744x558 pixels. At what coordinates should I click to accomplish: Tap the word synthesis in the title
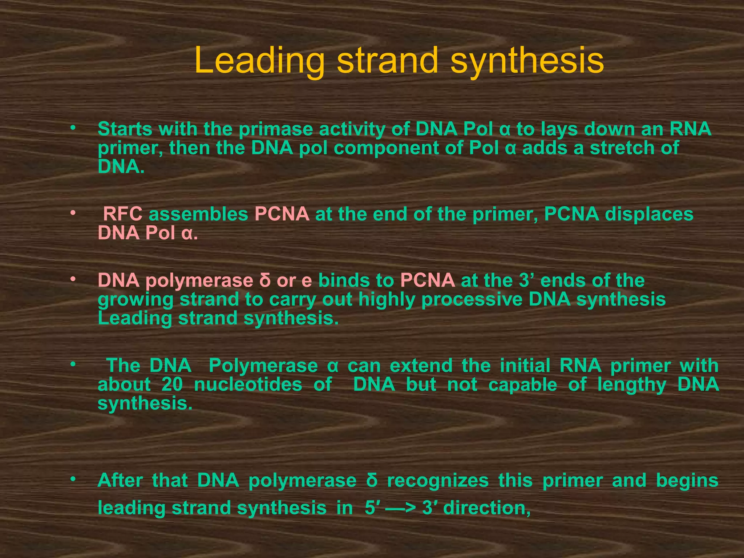(x=527, y=61)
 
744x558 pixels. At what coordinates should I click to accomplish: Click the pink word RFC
(x=123, y=214)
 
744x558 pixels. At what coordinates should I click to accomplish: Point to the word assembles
(x=198, y=214)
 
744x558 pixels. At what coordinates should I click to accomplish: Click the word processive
(x=472, y=300)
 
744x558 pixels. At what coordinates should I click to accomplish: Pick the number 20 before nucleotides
(x=172, y=384)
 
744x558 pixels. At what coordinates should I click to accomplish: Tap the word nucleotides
(x=248, y=384)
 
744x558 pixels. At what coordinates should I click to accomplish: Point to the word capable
(x=522, y=384)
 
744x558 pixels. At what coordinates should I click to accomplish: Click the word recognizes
(x=438, y=481)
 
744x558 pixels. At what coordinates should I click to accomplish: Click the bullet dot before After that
(x=73, y=480)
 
